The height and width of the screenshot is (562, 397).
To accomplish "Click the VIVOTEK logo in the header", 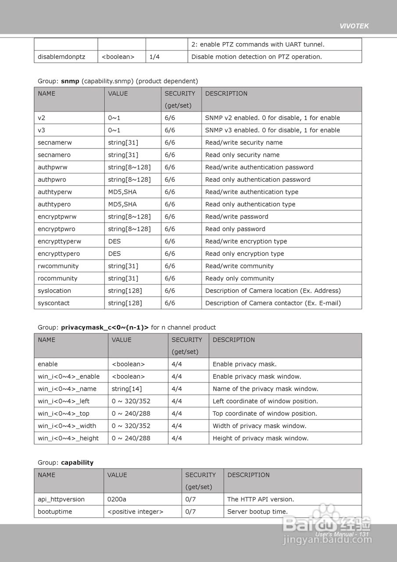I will (x=354, y=26).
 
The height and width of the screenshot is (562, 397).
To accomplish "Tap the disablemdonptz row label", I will (x=61, y=57).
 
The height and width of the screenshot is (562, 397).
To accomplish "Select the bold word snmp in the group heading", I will (x=70, y=81).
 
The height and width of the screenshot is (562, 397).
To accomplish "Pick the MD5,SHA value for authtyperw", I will (x=122, y=192).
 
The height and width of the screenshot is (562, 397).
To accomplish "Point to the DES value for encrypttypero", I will (x=114, y=254).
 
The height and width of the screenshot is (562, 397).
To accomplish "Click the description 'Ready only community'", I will (x=240, y=278).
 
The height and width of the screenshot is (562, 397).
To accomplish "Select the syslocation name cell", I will (x=54, y=291).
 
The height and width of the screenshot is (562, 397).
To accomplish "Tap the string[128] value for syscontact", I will (x=125, y=303).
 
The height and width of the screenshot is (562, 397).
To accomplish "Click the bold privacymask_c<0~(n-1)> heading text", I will (x=105, y=328).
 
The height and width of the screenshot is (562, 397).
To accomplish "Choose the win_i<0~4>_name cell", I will (x=67, y=389).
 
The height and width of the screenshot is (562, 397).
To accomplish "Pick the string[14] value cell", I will (x=127, y=389).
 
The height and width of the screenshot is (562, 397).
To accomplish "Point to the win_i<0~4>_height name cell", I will (x=68, y=438).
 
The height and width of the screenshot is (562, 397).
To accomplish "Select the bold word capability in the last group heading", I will (x=77, y=463).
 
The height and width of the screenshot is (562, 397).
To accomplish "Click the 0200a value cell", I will (x=116, y=499).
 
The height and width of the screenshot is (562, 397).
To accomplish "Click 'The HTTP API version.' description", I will (x=261, y=499).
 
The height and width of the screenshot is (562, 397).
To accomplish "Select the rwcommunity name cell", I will (x=58, y=266).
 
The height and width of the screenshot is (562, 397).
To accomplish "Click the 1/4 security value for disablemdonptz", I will (x=154, y=57).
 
